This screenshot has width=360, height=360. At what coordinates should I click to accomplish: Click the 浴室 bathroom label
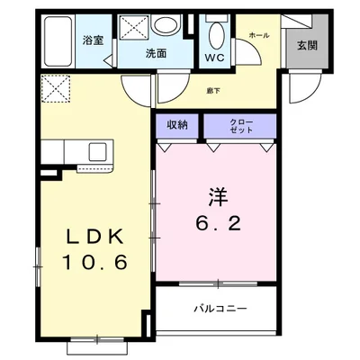point(93,40)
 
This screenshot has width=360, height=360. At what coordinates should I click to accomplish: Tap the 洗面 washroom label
point(157,53)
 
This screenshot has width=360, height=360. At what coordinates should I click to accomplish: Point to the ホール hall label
point(259,33)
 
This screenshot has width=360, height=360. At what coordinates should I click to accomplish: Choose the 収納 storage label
point(176,125)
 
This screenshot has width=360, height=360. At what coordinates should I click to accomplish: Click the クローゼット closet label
point(241,125)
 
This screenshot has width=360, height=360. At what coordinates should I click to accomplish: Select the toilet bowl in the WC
point(215,35)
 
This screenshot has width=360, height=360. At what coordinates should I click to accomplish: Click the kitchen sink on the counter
point(96,151)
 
